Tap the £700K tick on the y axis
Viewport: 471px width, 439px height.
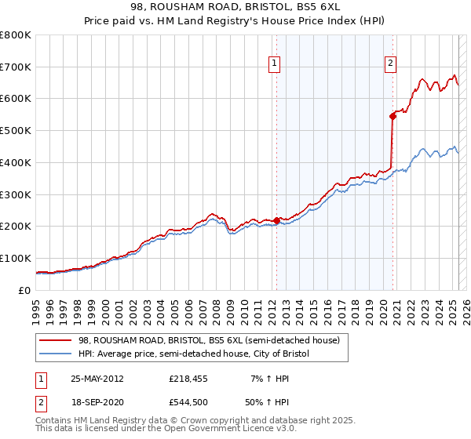click(x=16, y=67)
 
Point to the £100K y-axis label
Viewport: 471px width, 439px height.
click(x=16, y=258)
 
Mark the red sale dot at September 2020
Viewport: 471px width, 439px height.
click(x=392, y=116)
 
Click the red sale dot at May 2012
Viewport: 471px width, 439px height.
click(x=276, y=220)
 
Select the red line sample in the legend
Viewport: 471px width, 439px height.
click(x=56, y=340)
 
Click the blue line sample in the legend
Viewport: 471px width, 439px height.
click(x=56, y=354)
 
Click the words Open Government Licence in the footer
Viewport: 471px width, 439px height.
click(x=226, y=430)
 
